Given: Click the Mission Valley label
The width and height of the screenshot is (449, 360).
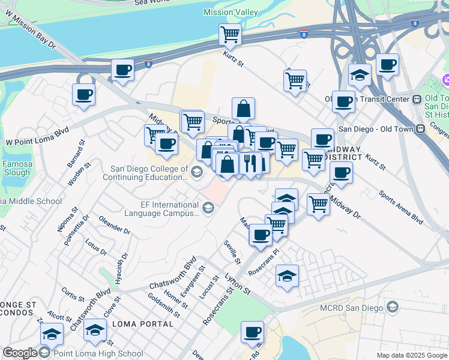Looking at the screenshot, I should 230,12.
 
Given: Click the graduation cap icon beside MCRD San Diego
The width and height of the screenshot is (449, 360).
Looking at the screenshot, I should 392,308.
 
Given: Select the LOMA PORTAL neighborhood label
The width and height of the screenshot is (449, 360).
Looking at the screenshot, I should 146,323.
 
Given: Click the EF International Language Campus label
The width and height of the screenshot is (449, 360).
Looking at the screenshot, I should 161,208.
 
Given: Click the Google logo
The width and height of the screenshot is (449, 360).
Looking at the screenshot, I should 19,353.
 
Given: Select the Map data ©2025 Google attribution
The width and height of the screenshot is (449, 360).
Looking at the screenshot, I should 411,355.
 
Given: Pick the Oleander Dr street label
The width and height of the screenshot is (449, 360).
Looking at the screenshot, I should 115,225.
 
